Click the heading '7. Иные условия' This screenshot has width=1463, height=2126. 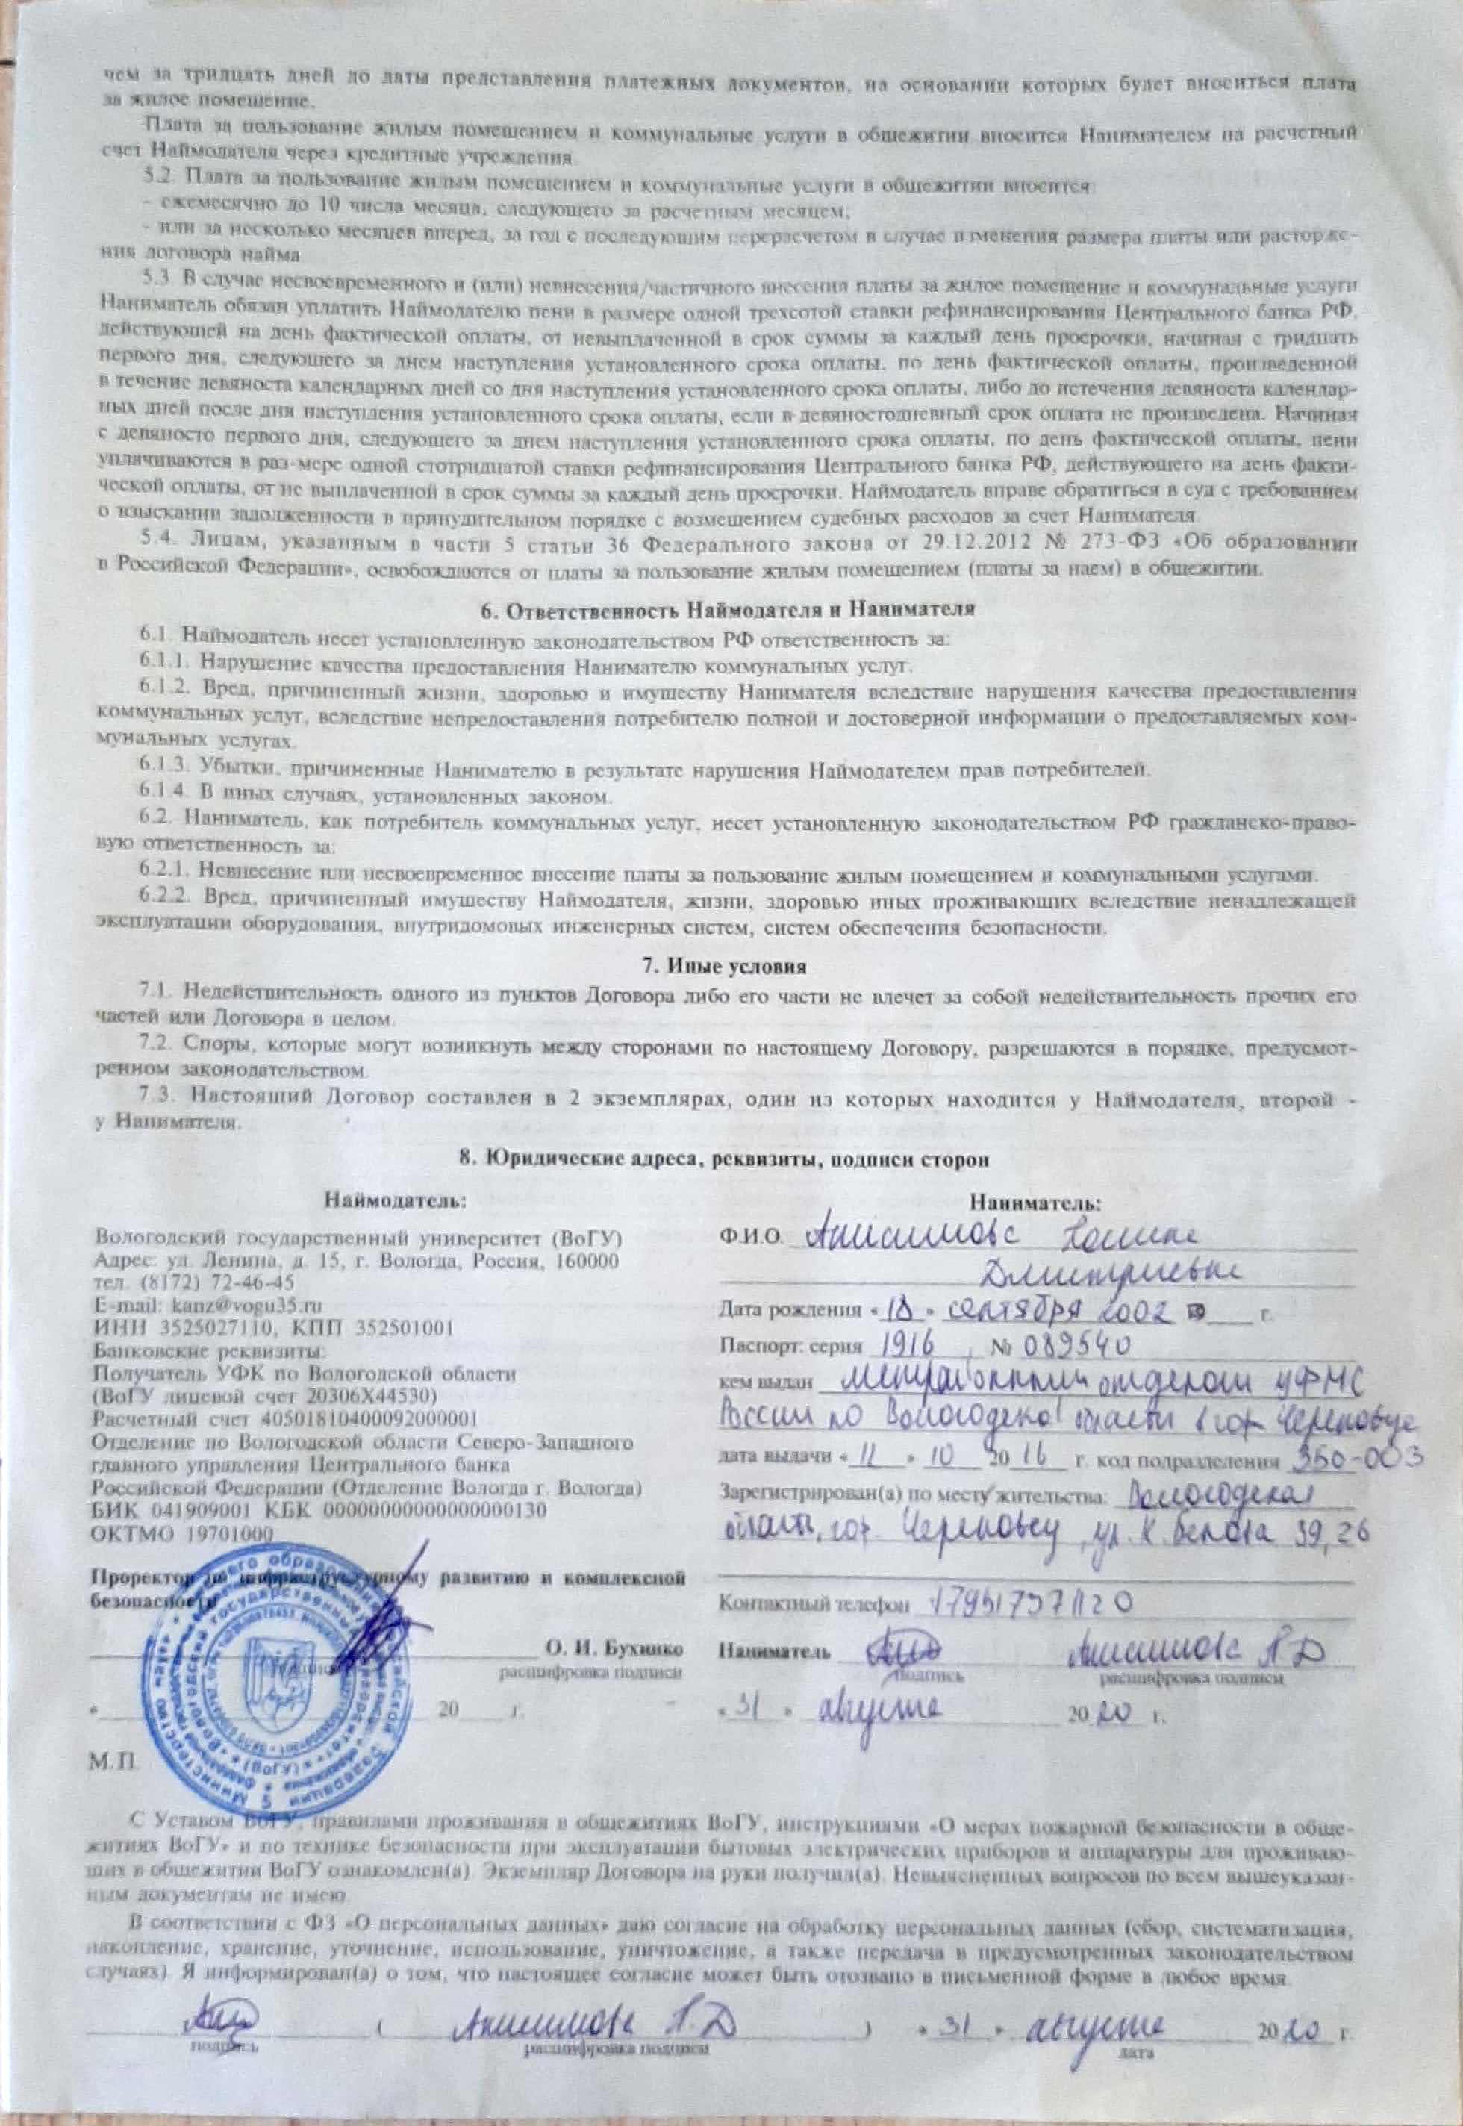coord(723,967)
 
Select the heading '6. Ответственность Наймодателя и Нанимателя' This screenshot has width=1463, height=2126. coord(727,608)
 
